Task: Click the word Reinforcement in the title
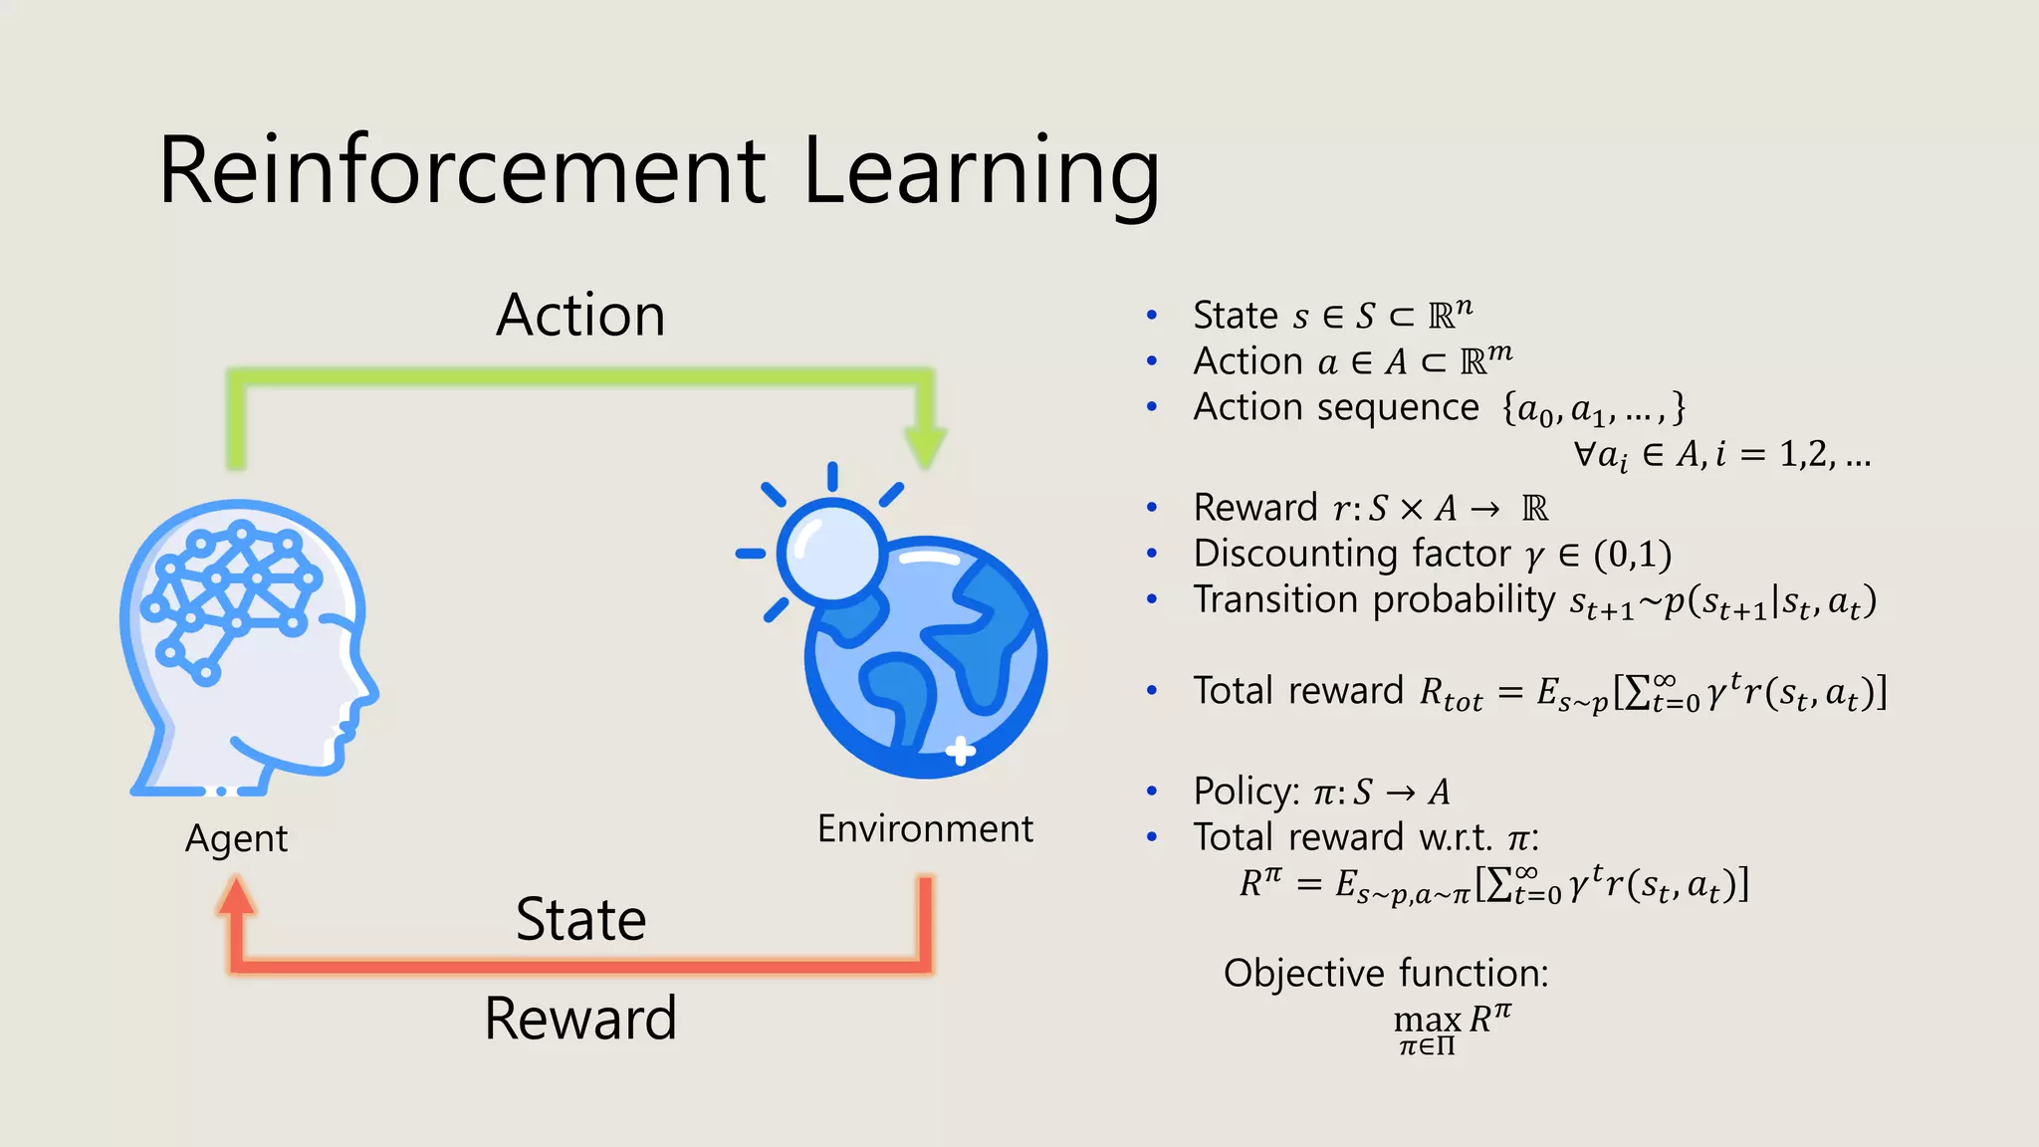pos(462,171)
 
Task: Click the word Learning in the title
pos(981,173)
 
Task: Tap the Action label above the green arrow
pos(580,316)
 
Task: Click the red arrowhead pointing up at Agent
pos(236,896)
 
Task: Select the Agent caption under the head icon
pos(236,839)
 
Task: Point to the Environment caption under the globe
pos(925,828)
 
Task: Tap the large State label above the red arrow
pos(580,919)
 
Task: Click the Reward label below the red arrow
pos(580,1019)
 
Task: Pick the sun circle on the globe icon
pos(831,551)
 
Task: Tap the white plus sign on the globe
pos(960,751)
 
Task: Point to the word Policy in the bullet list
pos(1242,792)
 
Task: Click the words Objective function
pos(1386,973)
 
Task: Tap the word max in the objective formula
pos(1427,1021)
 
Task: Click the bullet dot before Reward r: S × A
pos(1152,508)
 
